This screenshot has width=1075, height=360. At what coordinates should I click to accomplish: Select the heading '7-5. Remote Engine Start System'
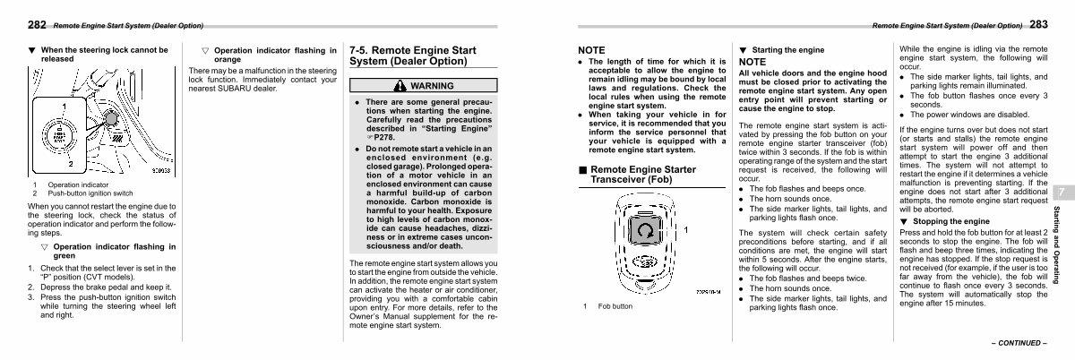pyautogui.click(x=412, y=56)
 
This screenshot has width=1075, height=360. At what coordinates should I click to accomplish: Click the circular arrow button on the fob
pyautogui.click(x=643, y=231)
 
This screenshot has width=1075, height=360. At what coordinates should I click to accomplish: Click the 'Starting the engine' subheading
pyautogui.click(x=787, y=50)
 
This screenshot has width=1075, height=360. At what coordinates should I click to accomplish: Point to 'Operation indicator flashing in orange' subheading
pyautogui.click(x=269, y=56)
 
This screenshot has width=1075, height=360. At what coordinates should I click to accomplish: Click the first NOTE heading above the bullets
pyautogui.click(x=592, y=49)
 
